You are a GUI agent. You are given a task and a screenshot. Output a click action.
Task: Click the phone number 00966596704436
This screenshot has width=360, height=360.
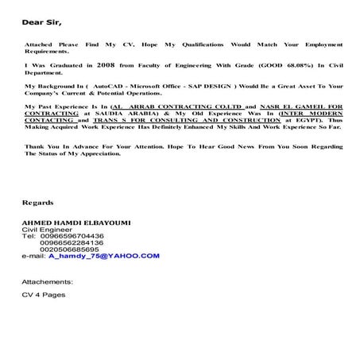click(75, 237)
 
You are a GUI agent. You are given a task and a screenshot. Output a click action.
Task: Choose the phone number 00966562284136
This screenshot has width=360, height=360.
click(77, 243)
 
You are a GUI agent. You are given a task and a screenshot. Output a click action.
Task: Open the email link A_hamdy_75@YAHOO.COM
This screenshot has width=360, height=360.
click(104, 257)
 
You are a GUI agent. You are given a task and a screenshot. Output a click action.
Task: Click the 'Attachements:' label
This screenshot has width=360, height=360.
click(47, 281)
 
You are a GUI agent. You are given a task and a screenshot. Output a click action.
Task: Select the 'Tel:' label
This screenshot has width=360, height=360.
click(29, 237)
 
